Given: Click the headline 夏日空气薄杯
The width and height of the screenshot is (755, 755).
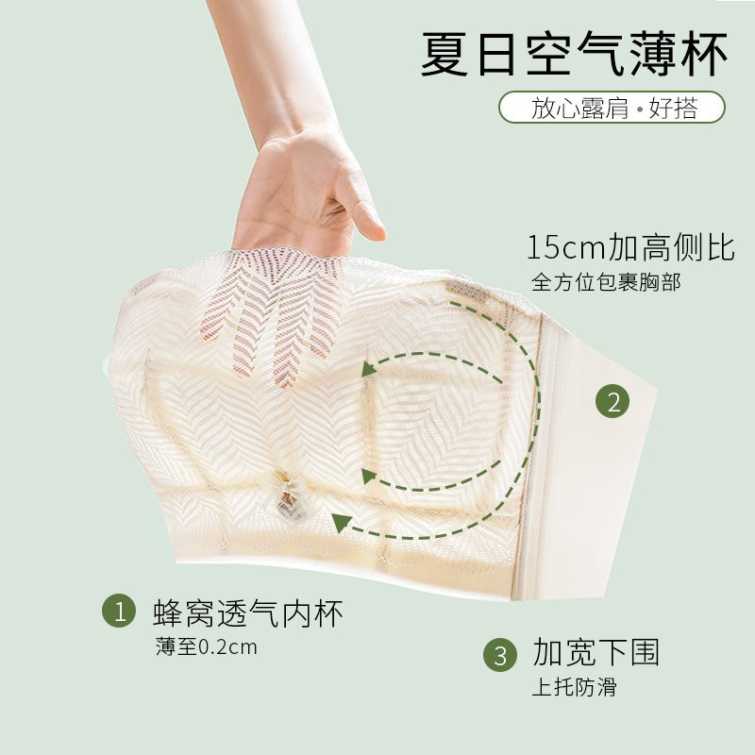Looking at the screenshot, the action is point(574,54).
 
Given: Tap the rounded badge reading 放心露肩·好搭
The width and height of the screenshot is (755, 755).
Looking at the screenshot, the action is point(612,107).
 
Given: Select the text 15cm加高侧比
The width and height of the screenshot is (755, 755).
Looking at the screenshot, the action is point(630,247).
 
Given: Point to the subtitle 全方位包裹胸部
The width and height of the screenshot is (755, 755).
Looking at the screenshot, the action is point(606,282).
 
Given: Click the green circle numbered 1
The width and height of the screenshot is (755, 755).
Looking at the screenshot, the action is point(119,611).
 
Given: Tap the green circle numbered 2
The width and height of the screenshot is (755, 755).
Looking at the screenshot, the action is point(612,401).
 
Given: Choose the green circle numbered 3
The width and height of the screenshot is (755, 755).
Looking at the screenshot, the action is point(500,654).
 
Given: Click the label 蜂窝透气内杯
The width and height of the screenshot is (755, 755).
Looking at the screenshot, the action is point(248,612).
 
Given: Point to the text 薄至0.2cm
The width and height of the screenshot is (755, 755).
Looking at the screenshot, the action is point(206,646).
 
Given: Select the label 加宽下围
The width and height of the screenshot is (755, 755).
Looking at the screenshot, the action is point(596,652).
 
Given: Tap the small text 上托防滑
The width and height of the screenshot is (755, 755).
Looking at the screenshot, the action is point(574,687).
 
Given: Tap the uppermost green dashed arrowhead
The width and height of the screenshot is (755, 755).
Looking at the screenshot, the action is point(368,368).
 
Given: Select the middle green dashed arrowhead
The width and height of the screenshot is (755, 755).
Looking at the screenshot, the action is point(368,476).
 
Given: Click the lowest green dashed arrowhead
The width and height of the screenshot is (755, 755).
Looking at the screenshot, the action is point(342,523).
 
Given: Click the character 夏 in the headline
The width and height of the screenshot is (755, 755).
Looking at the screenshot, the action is point(445,54).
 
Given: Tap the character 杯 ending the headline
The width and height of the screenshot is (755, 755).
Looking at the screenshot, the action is point(703,54).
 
